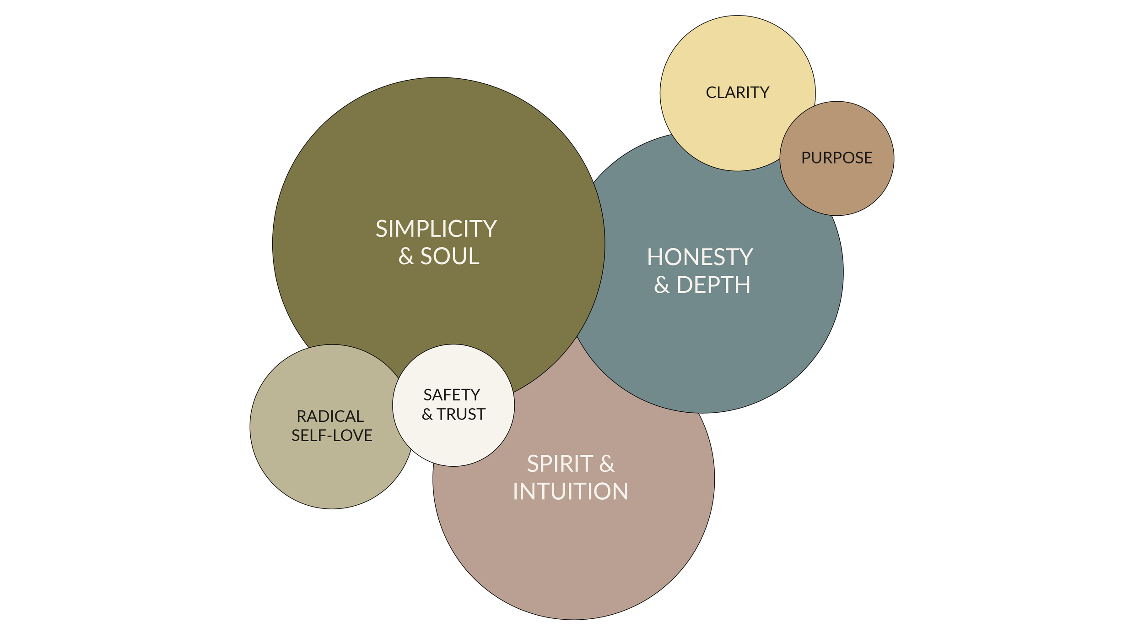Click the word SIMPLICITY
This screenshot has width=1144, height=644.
436,229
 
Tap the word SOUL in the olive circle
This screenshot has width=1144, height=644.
449,257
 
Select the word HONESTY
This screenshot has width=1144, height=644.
700,257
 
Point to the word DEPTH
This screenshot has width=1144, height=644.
713,285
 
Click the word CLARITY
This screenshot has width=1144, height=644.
737,93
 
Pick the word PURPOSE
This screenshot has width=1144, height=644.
836,158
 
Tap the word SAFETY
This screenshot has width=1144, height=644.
452,395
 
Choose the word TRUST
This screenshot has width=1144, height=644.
461,415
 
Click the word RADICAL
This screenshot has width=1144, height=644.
330,416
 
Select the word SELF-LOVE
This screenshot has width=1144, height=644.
332,436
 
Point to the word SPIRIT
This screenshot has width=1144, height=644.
560,464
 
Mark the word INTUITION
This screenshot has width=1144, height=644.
570,492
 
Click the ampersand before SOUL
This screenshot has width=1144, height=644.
406,257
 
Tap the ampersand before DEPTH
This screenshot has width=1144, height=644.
662,285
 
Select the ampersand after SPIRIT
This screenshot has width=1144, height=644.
607,464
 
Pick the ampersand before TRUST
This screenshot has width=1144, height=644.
427,415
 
